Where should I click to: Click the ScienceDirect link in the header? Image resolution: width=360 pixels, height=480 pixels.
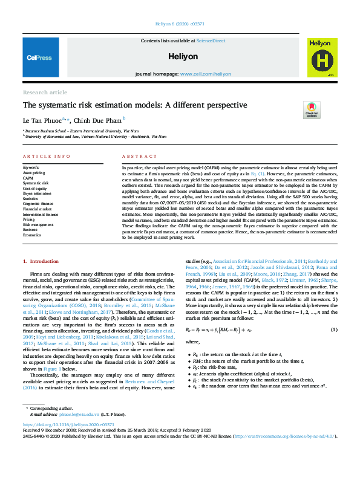point(211,40)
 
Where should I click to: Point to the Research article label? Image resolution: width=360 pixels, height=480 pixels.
point(45,92)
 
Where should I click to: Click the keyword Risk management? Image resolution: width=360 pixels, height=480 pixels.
point(38,224)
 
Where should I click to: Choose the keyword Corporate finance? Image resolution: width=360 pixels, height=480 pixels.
point(39,203)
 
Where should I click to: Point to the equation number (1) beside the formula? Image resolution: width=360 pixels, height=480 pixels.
point(333,329)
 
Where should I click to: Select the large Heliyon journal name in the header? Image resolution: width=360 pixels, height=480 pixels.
point(180,56)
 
